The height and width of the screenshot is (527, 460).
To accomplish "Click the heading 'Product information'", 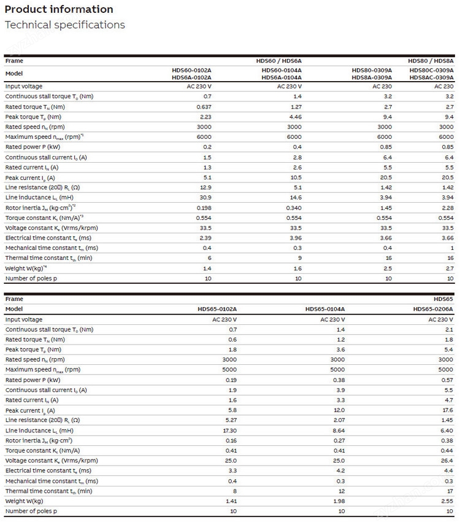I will [59, 9].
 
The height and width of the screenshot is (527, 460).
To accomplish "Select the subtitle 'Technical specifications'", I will [65, 25].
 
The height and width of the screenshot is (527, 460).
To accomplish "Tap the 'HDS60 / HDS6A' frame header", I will [278, 61].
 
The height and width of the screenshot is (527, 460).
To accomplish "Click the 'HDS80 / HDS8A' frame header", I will [431, 61].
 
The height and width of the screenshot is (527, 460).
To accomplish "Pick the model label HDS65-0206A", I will [433, 309].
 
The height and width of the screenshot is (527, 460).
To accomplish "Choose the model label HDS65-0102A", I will [217, 309].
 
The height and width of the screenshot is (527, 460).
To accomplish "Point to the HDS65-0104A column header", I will [325, 309].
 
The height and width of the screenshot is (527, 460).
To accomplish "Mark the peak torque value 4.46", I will [295, 117].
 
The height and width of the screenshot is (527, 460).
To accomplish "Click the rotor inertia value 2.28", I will [447, 208].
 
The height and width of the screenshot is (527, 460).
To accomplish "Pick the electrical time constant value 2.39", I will [205, 238].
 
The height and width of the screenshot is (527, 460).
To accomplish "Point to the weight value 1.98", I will [338, 501].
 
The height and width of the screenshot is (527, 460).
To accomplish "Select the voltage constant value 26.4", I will [447, 460].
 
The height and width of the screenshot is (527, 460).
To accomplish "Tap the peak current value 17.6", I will [447, 410].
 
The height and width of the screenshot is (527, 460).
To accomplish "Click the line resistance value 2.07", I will [338, 420].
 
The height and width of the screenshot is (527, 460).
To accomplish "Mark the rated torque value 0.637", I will [204, 106].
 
